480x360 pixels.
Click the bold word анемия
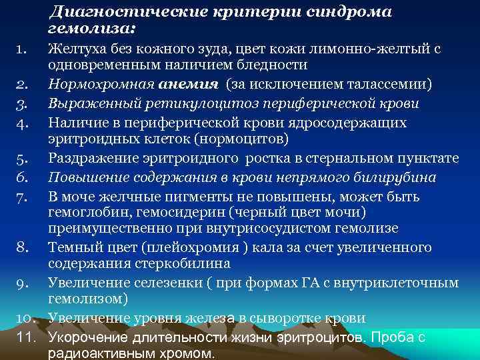[x=189, y=85]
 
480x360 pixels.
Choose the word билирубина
[x=393, y=177]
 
